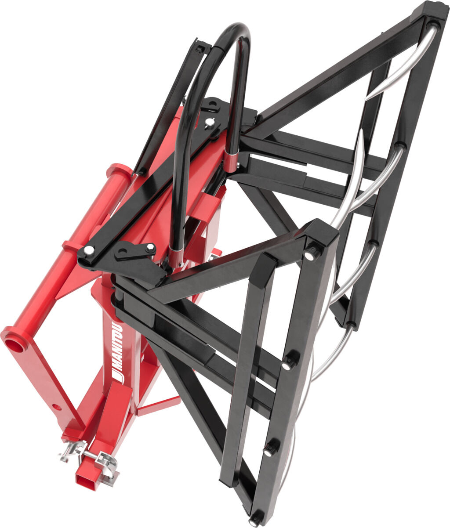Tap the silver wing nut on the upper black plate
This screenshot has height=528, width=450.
(211, 123)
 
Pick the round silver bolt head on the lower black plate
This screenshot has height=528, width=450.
(88, 251)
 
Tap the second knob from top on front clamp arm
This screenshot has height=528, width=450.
(288, 362)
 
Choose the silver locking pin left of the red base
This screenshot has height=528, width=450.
(70, 451)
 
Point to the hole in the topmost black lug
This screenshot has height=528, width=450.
(213, 105)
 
